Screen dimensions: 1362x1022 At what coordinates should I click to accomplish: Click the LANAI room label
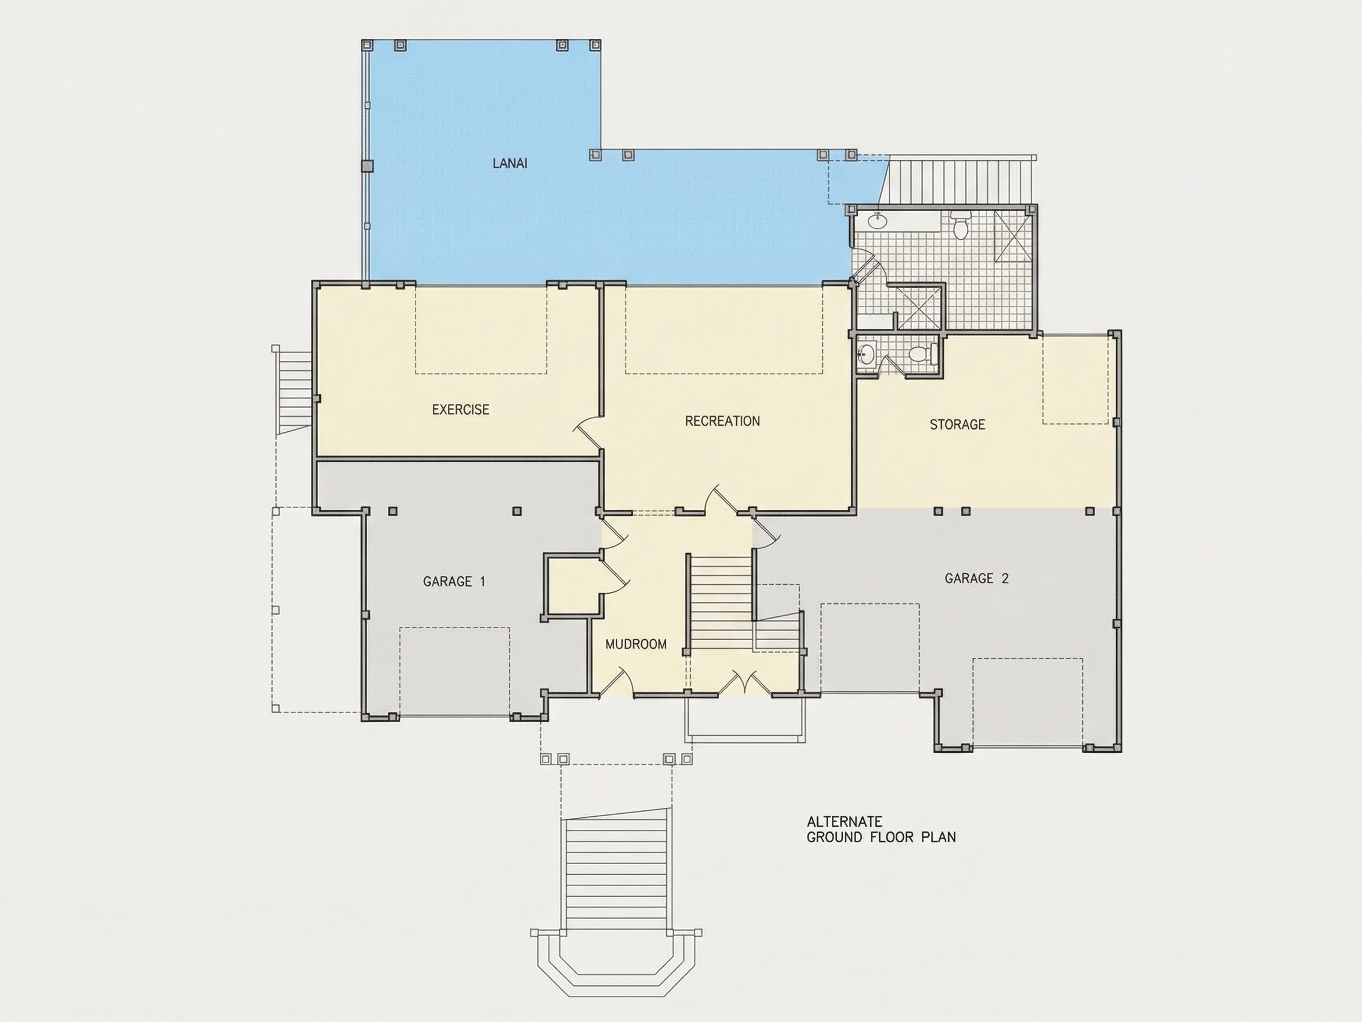[x=510, y=163]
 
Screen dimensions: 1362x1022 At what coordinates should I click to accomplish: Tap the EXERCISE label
[x=461, y=410]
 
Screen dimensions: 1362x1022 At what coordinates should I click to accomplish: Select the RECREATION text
[x=722, y=421]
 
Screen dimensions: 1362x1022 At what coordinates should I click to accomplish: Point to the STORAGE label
[x=958, y=425]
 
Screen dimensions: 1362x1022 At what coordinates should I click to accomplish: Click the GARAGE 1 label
[x=455, y=581]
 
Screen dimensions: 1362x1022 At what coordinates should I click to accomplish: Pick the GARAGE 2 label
[x=977, y=578]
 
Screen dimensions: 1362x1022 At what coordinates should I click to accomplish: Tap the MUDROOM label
[x=636, y=645]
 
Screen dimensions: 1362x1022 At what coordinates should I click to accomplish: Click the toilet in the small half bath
[x=920, y=354]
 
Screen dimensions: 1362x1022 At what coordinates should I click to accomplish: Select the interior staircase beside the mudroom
[x=721, y=602]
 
